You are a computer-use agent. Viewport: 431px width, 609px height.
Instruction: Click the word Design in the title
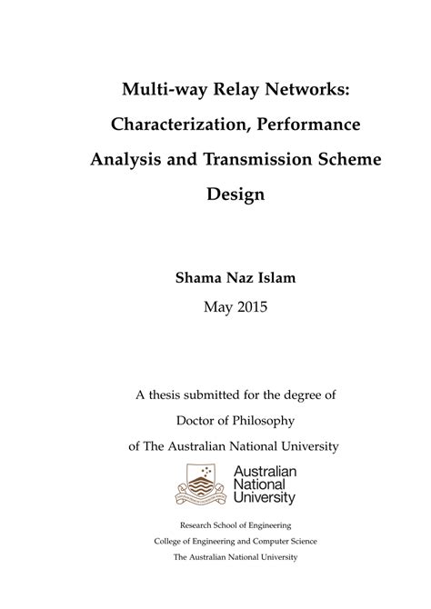tap(215, 193)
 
